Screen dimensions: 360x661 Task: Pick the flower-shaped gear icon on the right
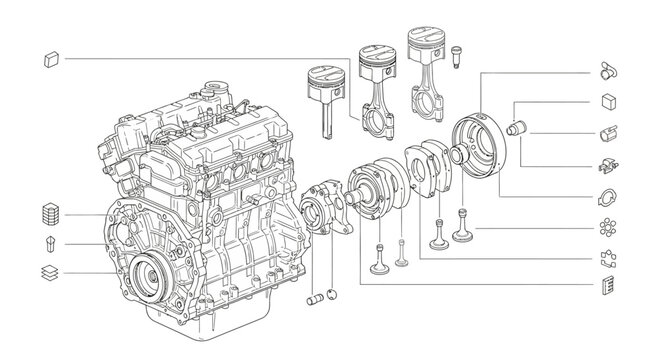coord(606,227)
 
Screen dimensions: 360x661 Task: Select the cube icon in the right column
coord(606,101)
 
